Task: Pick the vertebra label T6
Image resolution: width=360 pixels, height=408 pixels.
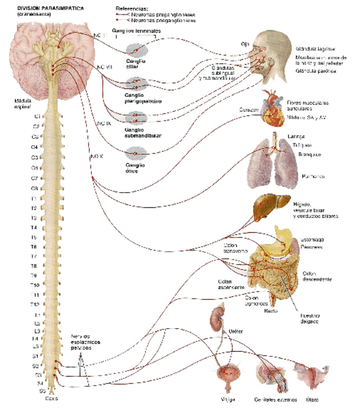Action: (34, 247)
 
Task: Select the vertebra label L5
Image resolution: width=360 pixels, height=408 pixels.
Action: (35, 346)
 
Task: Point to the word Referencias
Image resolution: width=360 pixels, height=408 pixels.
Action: (132, 9)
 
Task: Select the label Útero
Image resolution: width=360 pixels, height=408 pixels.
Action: (311, 399)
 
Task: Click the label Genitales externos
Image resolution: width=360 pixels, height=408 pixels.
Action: (272, 400)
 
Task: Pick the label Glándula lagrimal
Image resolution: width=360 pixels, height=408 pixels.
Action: (315, 49)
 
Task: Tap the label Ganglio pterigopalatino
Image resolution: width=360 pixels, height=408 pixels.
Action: (143, 98)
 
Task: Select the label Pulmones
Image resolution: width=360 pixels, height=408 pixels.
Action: (313, 177)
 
